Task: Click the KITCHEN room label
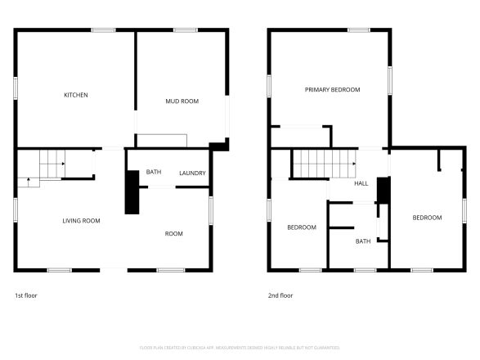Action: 76,95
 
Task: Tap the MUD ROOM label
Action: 182,101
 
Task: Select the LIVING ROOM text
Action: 82,221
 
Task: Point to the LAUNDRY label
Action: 192,173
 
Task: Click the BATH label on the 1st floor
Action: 153,172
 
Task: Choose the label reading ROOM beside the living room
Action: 174,234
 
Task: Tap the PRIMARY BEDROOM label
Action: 332,89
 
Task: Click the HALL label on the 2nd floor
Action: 361,183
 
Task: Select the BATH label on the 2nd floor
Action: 363,241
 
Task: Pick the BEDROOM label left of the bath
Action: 301,227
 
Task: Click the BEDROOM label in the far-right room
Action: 427,218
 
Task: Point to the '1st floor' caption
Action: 26,295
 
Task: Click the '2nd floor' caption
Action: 280,295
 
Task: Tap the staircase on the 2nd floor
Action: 322,164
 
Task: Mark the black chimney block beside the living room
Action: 131,192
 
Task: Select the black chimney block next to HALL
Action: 382,190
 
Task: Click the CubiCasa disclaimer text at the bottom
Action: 240,346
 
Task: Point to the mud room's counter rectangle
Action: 161,141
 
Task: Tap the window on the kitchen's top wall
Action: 103,30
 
